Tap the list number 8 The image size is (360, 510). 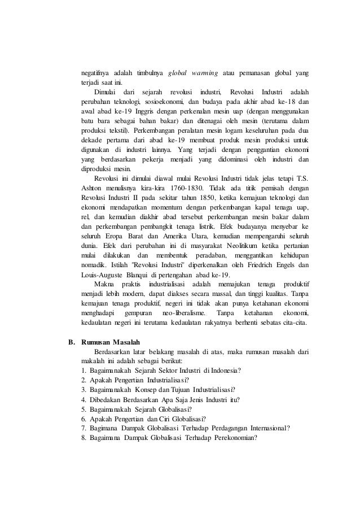point(84,439)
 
